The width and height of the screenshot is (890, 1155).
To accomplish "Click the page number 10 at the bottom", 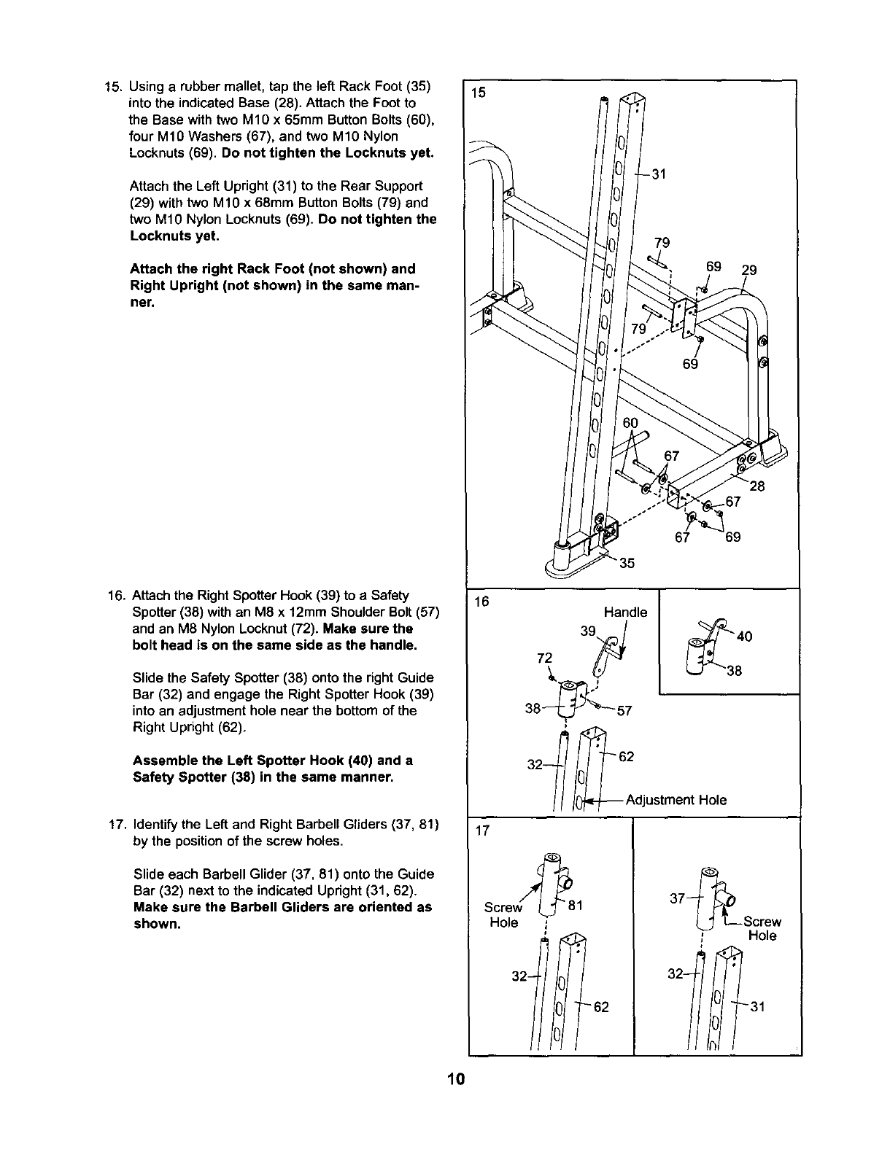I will [457, 1080].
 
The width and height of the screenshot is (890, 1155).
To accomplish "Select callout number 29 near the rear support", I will [749, 270].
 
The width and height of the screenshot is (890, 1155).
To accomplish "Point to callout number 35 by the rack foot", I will [627, 563].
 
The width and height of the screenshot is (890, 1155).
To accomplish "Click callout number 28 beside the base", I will [756, 486].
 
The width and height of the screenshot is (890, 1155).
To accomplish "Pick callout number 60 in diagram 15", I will [630, 424].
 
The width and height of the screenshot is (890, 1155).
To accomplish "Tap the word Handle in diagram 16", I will [625, 612].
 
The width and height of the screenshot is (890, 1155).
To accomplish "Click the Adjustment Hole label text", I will [676, 800].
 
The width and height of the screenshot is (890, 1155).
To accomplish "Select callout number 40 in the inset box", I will [745, 637].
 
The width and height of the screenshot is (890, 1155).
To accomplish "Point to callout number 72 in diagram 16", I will [543, 658].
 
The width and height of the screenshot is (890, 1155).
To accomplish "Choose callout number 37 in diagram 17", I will [678, 898].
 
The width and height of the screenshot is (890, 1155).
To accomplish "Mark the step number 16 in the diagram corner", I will [481, 602].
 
